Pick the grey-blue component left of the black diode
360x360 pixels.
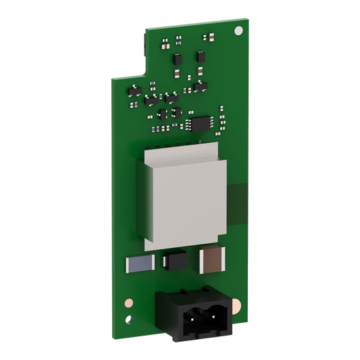137,264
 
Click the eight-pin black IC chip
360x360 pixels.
200,122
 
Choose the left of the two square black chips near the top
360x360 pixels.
178,59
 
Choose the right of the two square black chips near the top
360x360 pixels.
201,56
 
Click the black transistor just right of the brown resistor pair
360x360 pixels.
200,87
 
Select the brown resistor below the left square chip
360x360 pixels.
177,73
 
